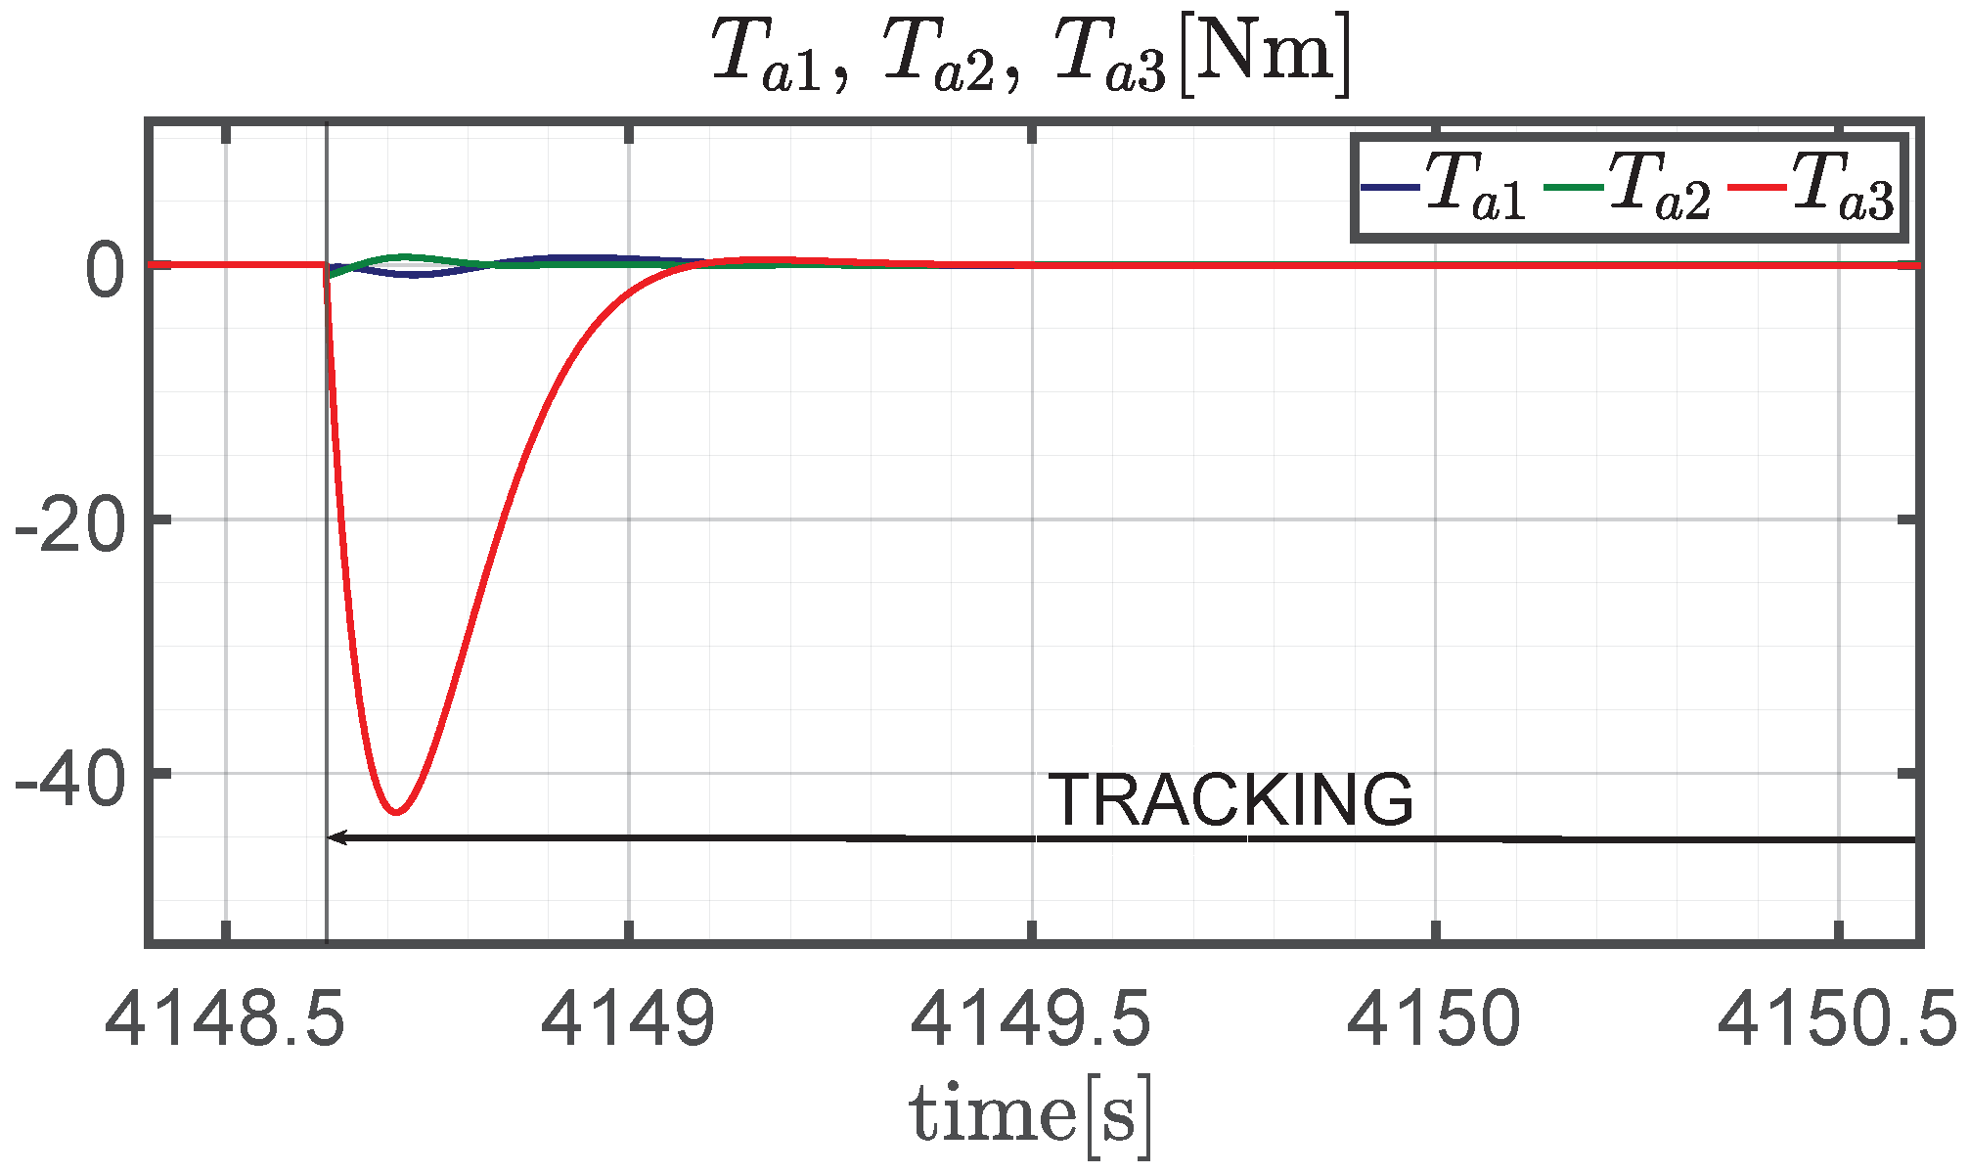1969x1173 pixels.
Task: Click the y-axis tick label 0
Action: coord(106,271)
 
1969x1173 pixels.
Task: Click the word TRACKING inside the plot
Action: coord(1231,800)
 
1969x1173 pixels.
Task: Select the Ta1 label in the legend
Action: coord(1474,187)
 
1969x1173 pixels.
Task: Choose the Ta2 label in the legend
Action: coord(1659,187)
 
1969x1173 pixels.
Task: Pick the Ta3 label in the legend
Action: coord(1842,187)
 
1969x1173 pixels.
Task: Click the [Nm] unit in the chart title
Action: coord(1265,56)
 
